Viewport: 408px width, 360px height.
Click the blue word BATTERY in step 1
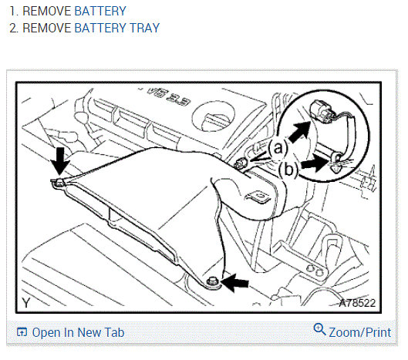pos(100,11)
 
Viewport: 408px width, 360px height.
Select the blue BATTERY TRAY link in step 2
pos(117,28)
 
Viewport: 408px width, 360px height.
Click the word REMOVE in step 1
pos(47,11)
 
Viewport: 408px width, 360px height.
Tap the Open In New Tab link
pos(78,332)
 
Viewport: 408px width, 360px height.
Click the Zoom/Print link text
pos(360,332)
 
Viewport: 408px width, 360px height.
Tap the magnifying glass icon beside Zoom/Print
pos(319,329)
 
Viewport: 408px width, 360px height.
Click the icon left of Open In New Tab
pos(22,332)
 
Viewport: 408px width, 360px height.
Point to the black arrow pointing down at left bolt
pos(60,161)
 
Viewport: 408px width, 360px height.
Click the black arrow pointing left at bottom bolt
pos(235,282)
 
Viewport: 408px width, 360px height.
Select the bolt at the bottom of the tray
pos(211,281)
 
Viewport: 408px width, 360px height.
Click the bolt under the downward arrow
pos(59,183)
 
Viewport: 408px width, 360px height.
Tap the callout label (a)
pos(278,148)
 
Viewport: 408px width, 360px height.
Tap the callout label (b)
pos(288,170)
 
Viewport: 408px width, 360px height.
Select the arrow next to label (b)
pos(315,164)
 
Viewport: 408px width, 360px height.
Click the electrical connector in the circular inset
pos(322,111)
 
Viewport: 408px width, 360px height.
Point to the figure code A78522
pos(358,303)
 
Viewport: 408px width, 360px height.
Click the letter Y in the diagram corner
pos(26,303)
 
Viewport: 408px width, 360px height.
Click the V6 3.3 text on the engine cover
pos(169,96)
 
